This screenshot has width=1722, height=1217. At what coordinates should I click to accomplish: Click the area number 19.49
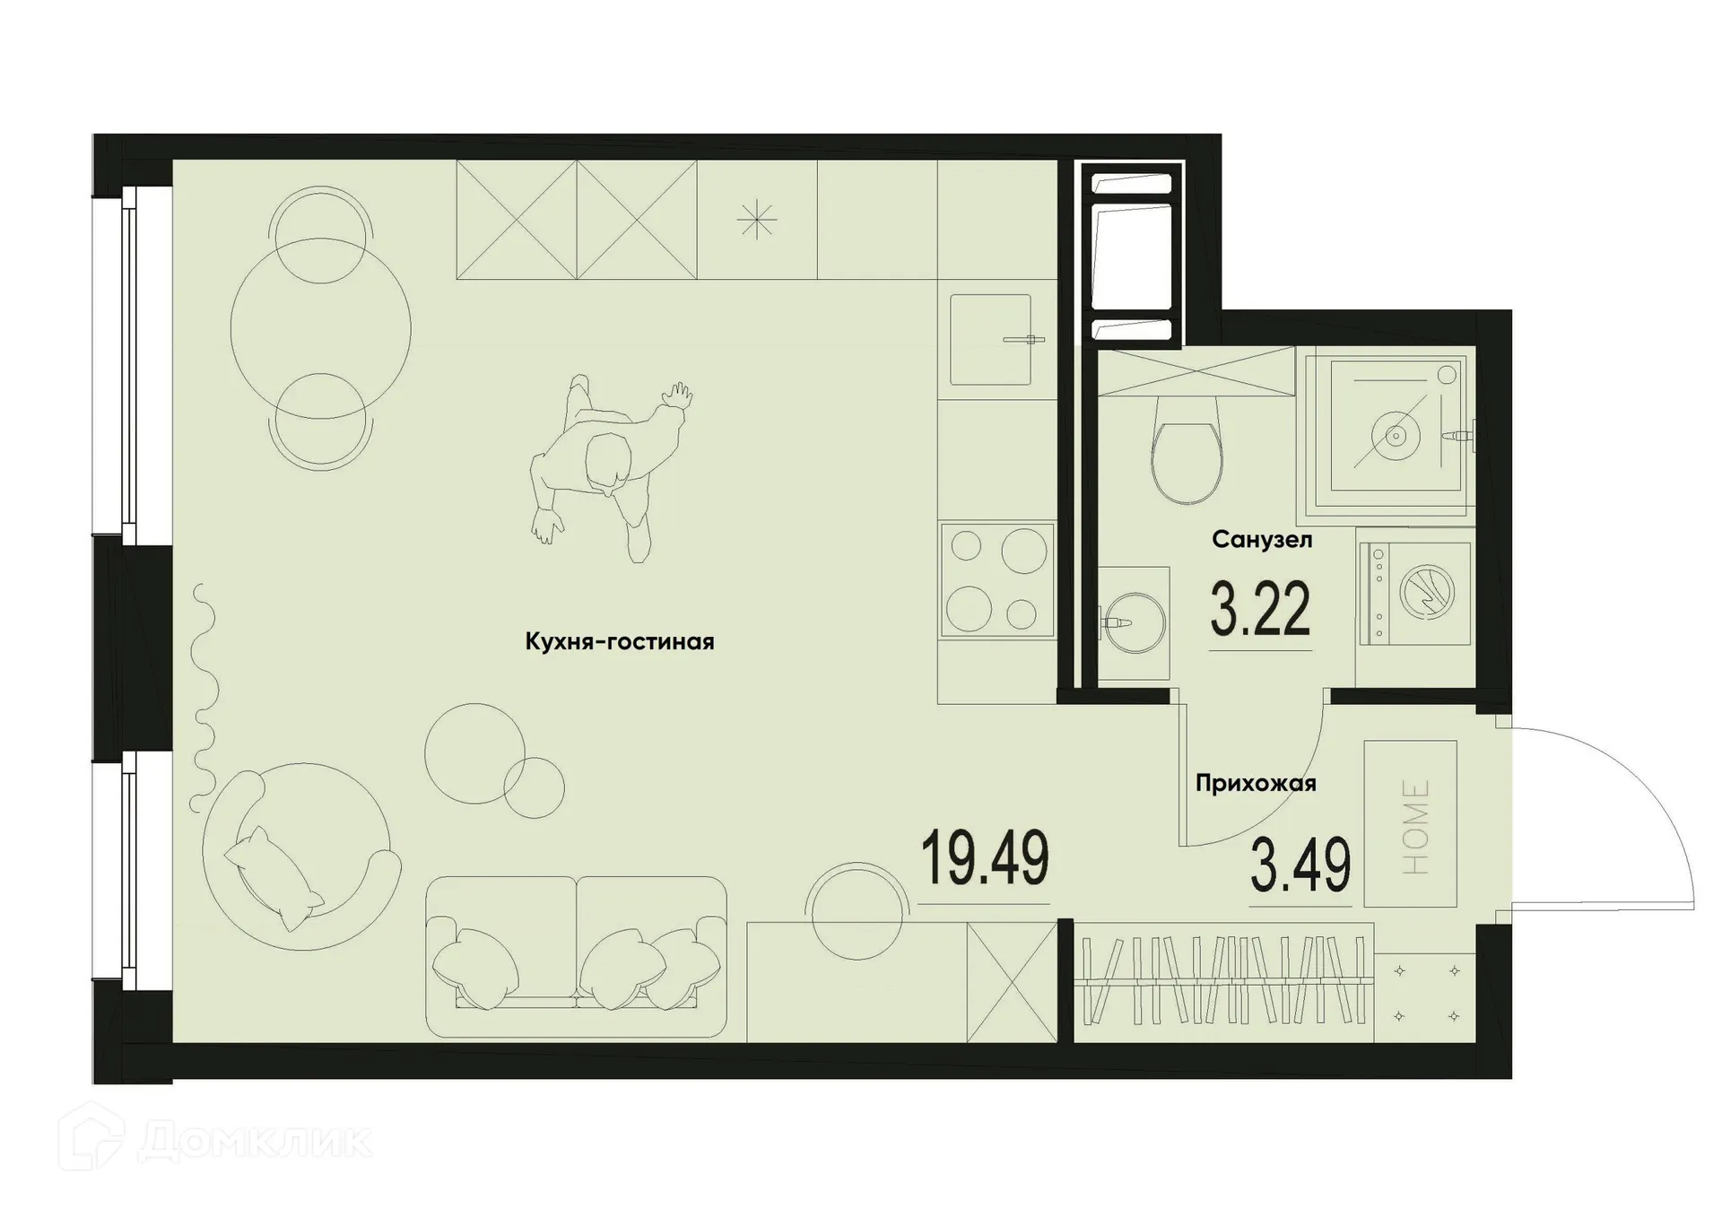(x=985, y=858)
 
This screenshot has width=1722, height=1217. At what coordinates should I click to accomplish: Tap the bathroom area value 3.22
(x=1260, y=609)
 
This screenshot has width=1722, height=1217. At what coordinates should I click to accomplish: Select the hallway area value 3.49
(x=1300, y=866)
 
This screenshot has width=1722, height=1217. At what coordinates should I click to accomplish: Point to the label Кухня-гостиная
(x=620, y=642)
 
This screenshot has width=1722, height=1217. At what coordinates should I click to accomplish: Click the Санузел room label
(x=1262, y=540)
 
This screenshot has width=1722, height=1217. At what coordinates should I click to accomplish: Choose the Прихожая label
(x=1256, y=784)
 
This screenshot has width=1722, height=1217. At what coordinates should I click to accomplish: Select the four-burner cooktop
(x=996, y=580)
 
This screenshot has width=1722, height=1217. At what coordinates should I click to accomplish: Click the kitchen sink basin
(x=990, y=339)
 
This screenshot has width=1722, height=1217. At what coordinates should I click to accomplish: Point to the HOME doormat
(x=1411, y=823)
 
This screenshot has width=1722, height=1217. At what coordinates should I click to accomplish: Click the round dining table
(x=320, y=328)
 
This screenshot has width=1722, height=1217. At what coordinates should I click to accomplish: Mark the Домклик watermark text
(x=256, y=1141)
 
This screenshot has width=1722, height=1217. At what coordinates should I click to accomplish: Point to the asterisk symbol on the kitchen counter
(x=757, y=220)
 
